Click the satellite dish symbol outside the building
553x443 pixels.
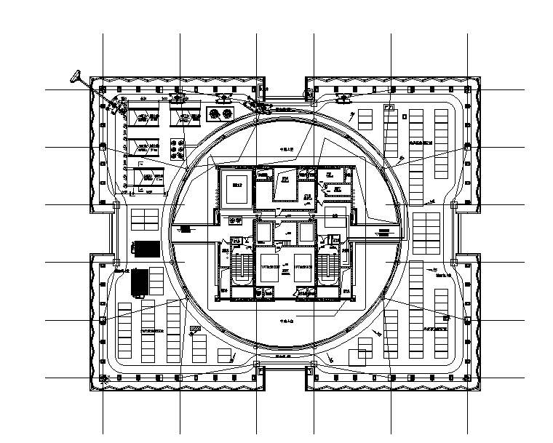pos(75,75)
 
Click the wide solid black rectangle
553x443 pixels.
pos(148,248)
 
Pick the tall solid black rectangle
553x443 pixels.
pos(138,282)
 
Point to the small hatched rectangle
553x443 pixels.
pos(194,330)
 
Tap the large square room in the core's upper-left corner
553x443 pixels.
pos(236,188)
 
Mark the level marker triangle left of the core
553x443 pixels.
pos(186,229)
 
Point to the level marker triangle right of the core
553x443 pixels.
pos(383,234)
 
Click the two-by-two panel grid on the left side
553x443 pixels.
pos(144,220)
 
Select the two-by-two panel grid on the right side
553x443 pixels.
pos(426,223)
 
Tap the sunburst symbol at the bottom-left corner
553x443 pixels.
pos(104,378)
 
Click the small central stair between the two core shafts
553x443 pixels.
pos(286,233)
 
